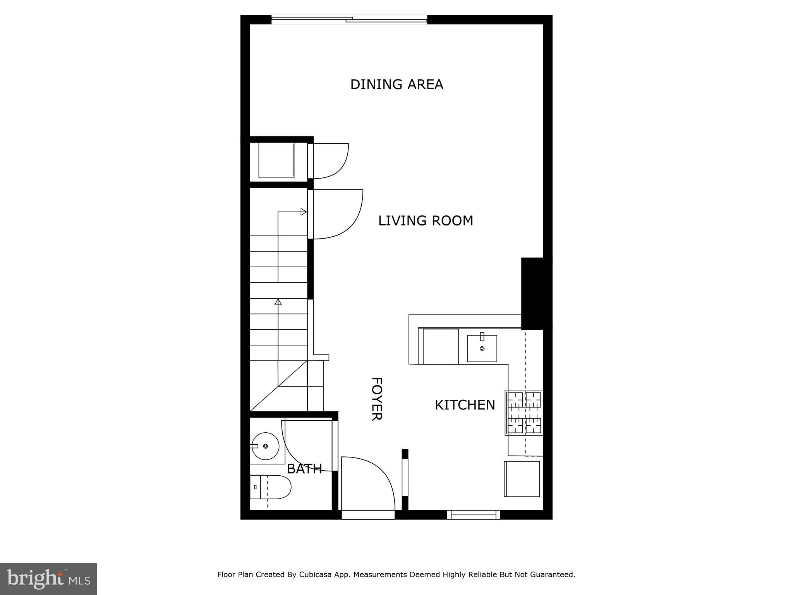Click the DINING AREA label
click(x=396, y=84)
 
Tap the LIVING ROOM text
click(x=426, y=221)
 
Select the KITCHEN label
click(x=465, y=405)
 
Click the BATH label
click(x=304, y=469)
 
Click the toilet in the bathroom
click(x=271, y=487)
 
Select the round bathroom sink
click(x=265, y=446)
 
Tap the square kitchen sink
click(x=482, y=349)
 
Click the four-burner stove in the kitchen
click(x=524, y=413)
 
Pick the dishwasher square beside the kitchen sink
click(x=440, y=347)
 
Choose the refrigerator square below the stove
click(x=522, y=479)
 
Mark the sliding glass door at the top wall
click(x=349, y=19)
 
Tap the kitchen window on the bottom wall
click(x=474, y=515)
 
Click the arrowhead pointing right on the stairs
click(x=304, y=212)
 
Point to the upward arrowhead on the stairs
click(x=278, y=301)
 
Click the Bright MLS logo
click(x=48, y=579)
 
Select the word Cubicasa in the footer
click(x=315, y=574)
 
